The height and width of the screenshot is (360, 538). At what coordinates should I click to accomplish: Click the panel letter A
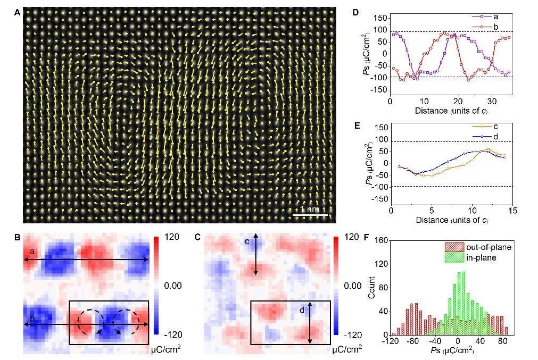tap(17, 13)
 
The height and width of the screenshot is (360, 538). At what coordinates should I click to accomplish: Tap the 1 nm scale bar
tap(310, 215)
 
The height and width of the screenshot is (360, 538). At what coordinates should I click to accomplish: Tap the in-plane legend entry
tap(470, 257)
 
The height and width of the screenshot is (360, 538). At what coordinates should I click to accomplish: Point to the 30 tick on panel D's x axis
tap(492, 102)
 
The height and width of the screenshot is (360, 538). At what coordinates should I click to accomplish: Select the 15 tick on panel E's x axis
tap(512, 211)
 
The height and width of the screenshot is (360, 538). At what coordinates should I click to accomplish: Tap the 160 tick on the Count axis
tap(381, 240)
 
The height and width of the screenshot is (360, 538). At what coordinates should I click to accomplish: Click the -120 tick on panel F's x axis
tap(391, 341)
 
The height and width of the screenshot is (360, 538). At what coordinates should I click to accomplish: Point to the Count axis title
tap(371, 287)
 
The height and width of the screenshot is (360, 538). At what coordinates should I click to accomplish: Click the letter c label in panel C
tap(247, 241)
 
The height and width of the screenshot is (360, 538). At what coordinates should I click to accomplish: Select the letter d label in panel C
tap(302, 311)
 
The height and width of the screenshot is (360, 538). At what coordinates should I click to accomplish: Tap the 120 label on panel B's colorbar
tap(172, 237)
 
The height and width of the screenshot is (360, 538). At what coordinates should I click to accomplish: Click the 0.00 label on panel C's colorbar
tap(353, 286)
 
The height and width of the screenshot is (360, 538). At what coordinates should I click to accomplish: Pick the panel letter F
tap(367, 237)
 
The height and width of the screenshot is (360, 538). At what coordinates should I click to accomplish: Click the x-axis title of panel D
tap(452, 111)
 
